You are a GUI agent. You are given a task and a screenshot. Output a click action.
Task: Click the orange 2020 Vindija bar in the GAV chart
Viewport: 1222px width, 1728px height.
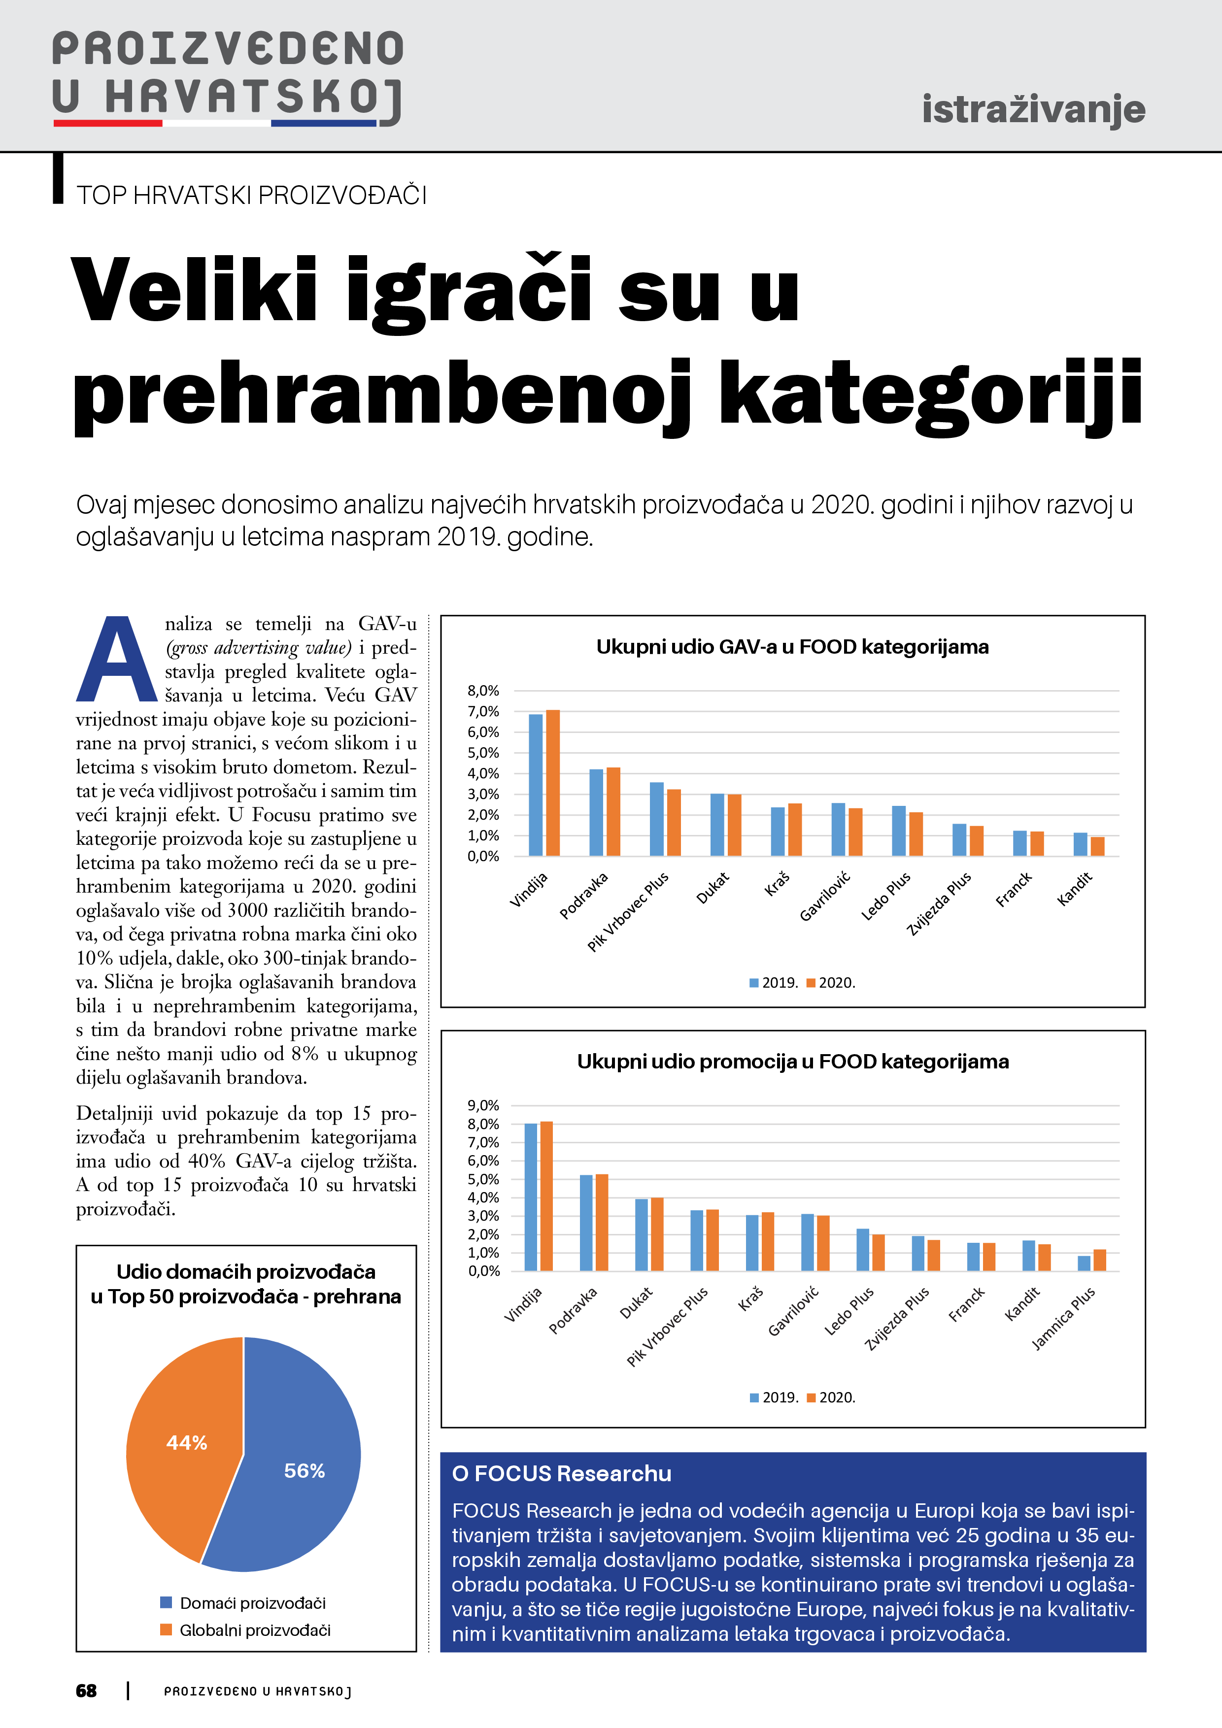pos(553,783)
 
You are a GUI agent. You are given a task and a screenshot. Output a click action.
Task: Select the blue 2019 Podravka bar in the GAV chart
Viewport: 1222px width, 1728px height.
pos(596,812)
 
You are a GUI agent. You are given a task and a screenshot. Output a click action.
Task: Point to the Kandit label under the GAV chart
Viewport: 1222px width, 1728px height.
pos(1075,889)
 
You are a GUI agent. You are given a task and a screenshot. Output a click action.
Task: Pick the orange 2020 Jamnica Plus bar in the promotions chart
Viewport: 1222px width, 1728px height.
pos(1099,1260)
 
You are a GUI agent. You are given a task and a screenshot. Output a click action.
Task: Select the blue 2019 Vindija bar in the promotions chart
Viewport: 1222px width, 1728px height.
pos(531,1196)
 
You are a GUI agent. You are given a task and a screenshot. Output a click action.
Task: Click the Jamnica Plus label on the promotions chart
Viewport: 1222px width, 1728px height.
pos(1063,1319)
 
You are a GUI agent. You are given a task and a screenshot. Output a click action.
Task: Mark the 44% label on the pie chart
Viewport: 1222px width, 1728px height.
pos(187,1443)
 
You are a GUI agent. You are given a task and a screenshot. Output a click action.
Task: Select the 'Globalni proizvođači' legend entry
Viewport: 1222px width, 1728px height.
pos(254,1630)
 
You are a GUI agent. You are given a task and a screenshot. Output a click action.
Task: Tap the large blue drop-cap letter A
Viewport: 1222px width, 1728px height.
pos(117,660)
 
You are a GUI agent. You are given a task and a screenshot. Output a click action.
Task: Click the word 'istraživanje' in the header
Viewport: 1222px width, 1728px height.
pos(1033,110)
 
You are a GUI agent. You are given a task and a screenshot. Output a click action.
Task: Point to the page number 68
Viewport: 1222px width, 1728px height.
pos(87,1691)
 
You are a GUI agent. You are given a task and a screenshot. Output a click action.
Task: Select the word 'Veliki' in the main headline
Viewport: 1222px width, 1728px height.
pos(194,290)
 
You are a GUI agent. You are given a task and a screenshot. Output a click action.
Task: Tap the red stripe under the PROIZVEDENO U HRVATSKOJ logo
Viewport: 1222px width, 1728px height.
pos(108,123)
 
